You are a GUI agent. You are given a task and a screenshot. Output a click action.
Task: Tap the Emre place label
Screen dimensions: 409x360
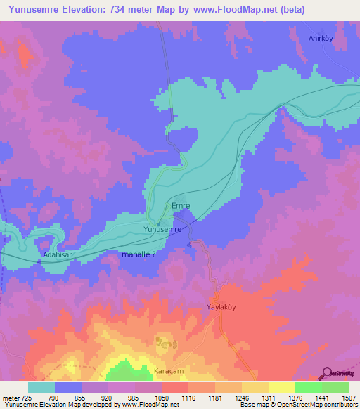point(181,206)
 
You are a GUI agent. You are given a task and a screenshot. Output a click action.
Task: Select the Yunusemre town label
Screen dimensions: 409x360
point(162,229)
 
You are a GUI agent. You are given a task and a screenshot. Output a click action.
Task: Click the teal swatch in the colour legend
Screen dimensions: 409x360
point(41,387)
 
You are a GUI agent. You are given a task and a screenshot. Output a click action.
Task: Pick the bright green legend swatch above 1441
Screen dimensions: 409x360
point(309,387)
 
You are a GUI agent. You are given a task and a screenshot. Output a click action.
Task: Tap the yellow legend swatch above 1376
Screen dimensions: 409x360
point(282,387)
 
